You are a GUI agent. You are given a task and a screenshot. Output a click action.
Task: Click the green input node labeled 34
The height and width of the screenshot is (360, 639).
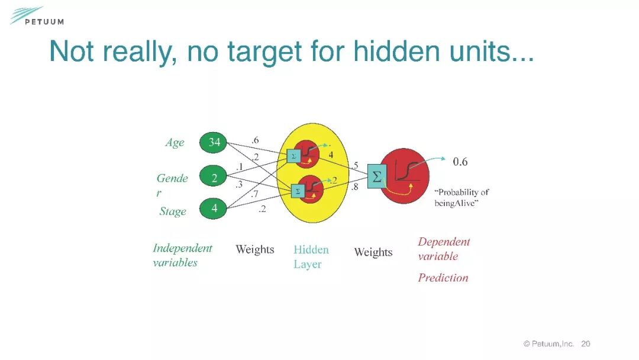[x=214, y=142]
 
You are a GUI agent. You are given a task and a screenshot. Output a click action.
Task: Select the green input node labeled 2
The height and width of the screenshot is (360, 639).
[x=214, y=178]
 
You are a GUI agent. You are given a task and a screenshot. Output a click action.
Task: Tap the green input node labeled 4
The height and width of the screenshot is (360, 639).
[x=214, y=208]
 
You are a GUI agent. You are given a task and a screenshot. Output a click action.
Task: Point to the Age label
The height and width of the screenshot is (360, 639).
[x=175, y=143]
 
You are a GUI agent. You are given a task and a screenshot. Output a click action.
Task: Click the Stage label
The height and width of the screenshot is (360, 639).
[x=173, y=211]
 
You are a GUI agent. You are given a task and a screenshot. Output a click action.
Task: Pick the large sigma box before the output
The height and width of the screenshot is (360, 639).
[x=377, y=176]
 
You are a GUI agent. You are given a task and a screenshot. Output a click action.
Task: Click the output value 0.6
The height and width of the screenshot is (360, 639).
[x=460, y=162]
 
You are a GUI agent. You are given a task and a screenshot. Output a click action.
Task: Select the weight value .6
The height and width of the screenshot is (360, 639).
[x=255, y=140]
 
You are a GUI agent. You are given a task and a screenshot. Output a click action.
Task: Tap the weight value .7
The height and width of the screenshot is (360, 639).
[x=254, y=194]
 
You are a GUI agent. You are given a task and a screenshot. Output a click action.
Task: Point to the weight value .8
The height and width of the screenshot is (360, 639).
[x=354, y=187]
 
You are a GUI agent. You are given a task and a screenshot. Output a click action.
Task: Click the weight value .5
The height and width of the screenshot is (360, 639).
[x=354, y=165]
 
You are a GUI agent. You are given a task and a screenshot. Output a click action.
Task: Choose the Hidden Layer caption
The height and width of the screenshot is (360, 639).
[x=311, y=257]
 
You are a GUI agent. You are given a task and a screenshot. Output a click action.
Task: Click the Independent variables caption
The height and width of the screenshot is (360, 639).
[x=182, y=255]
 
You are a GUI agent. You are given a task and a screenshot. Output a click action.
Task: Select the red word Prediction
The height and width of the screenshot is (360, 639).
[x=443, y=278]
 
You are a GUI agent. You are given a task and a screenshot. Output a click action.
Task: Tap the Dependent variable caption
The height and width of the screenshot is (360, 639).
[x=444, y=249]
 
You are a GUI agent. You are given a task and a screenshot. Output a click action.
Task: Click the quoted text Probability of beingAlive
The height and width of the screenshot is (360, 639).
[x=461, y=198]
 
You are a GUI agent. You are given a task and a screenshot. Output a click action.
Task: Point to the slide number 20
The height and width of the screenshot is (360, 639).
[x=586, y=343]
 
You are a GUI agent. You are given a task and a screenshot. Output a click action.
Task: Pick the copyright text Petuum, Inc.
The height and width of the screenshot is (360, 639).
[x=548, y=343]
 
